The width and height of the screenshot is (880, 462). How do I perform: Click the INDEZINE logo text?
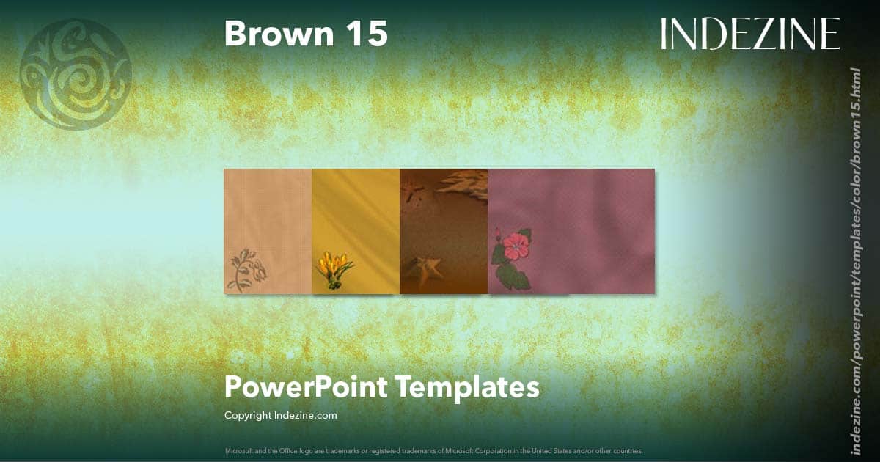point(750,34)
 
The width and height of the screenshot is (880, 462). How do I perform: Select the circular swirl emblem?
point(76,75)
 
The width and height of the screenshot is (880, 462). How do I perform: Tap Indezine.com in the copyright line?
point(305,415)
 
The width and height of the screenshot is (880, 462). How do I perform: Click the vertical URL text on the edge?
point(854,260)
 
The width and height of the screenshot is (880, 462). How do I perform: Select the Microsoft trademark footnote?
point(433,450)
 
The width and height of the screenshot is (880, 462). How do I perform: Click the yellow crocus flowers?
point(334,266)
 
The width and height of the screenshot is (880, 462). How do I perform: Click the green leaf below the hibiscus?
point(516,276)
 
